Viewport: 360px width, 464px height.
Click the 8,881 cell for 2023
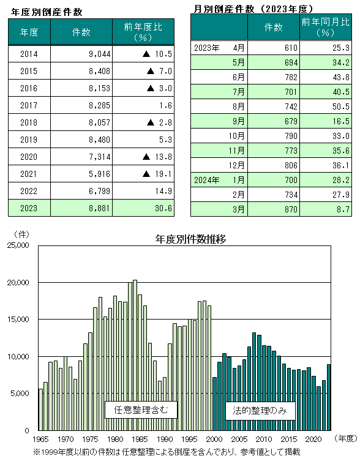99,208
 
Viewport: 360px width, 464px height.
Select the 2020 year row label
29,157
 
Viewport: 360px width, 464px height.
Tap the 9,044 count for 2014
99,54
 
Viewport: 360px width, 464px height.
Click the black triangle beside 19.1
146,174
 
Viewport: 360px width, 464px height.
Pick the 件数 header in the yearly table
81,32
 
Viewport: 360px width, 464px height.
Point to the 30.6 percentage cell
163,208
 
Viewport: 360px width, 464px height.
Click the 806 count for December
291,165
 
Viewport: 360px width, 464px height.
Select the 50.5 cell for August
341,107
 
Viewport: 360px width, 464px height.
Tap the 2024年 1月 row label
219,180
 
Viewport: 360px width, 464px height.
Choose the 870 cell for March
291,209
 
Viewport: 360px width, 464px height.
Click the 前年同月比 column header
325,27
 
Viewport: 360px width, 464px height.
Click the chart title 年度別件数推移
190,239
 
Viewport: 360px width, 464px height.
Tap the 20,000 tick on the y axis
18,283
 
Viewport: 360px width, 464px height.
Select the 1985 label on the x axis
140,439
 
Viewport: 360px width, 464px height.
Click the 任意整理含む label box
141,410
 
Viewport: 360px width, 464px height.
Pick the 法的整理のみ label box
260,411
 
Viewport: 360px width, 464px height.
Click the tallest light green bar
135,355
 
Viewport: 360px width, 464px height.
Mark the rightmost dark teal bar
329,397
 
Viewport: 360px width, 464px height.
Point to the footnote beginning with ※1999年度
167,452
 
